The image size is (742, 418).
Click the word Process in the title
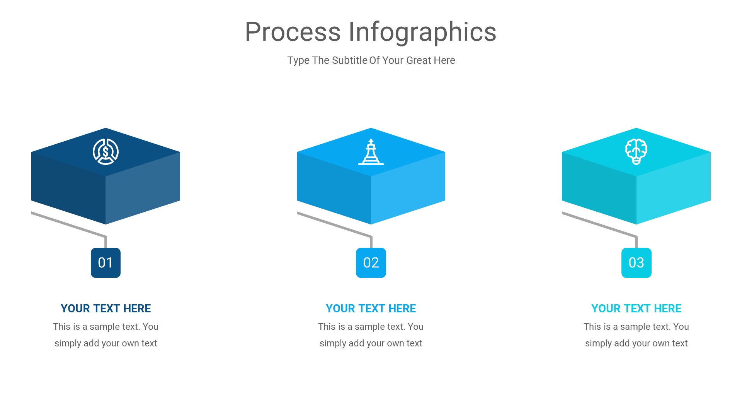(x=293, y=32)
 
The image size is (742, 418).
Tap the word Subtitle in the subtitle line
(x=349, y=60)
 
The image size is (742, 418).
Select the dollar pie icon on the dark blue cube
(x=106, y=152)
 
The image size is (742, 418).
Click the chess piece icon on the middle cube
(x=371, y=152)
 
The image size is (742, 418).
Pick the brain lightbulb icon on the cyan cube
(x=636, y=152)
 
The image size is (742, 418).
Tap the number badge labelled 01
(x=106, y=263)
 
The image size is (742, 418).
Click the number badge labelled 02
(x=371, y=263)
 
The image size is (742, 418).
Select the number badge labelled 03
(x=636, y=263)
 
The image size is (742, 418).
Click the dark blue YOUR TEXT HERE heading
(x=106, y=308)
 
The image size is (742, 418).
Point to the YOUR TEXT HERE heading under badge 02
(x=371, y=308)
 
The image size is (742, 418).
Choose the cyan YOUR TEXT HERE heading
(x=636, y=308)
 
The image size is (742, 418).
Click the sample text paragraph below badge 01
(x=106, y=335)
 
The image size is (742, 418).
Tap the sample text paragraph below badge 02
(x=371, y=335)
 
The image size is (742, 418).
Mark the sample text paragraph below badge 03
(x=636, y=335)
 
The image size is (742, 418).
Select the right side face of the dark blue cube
(x=143, y=188)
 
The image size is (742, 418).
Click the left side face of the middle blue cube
(x=334, y=188)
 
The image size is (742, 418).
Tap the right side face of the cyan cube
(x=673, y=188)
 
